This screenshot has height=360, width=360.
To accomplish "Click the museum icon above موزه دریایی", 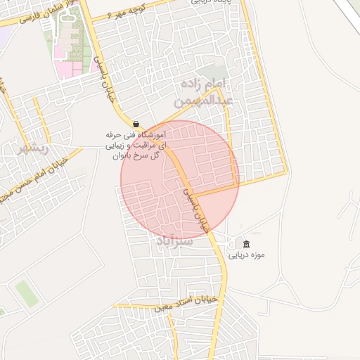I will pyautogui.click(x=245, y=243).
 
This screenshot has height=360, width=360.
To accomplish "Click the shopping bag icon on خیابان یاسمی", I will pyautogui.click(x=136, y=124).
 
